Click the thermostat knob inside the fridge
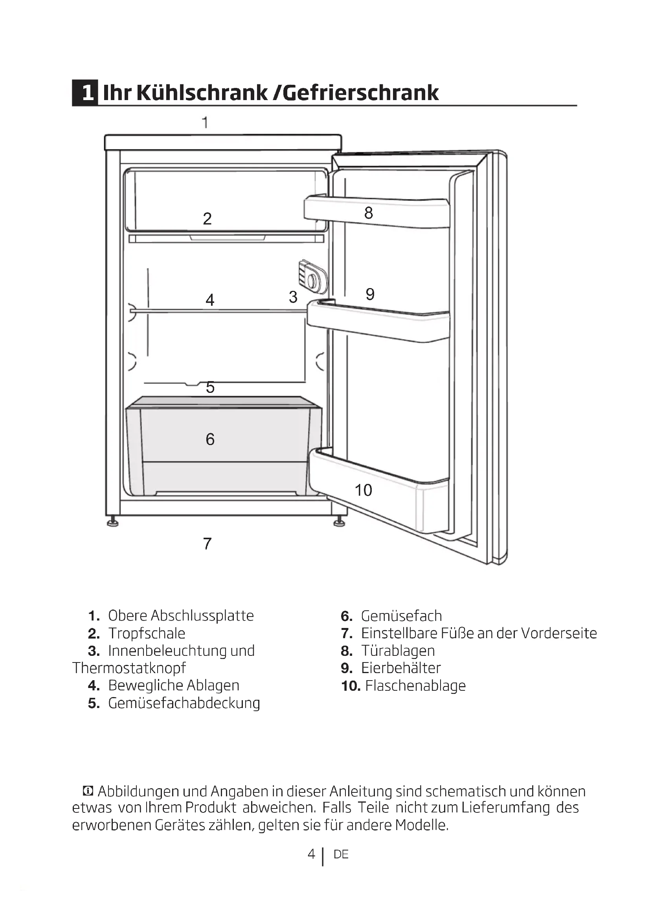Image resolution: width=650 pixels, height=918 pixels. coord(312,281)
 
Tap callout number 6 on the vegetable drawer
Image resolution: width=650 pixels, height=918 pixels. coord(210,440)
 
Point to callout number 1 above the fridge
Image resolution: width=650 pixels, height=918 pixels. coord(205,122)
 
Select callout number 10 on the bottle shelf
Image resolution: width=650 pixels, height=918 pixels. coord(364,490)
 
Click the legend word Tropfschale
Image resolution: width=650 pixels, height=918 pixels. coord(147,633)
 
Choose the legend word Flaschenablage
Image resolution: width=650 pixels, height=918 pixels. coord(415,686)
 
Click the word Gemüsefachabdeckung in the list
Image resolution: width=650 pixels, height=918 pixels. coord(184,703)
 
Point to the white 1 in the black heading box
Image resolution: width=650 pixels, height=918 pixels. coord(88,93)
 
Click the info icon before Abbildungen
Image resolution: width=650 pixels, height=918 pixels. coord(88,791)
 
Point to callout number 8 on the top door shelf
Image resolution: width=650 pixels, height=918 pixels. coord(369,213)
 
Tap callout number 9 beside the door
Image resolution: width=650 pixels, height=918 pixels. coord(370,295)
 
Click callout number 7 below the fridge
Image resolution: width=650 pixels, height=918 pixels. coord(207,544)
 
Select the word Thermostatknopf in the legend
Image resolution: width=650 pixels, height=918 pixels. coord(129,668)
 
